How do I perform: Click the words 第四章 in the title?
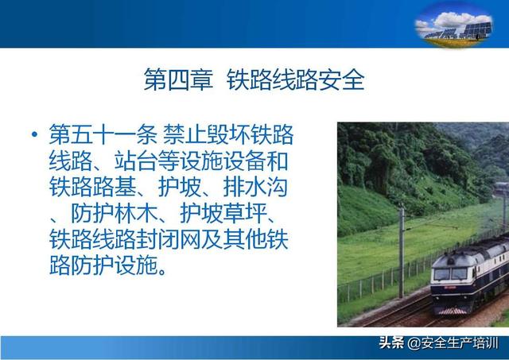pyautogui.click(x=178, y=79)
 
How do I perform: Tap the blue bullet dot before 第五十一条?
pyautogui.click(x=34, y=134)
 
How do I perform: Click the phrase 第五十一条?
pyautogui.click(x=103, y=134)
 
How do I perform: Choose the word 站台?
pyautogui.click(x=136, y=161)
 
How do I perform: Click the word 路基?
pyautogui.click(x=114, y=188)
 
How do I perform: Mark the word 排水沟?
pyautogui.click(x=255, y=188)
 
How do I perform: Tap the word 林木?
pyautogui.click(x=136, y=214)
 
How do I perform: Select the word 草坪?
pyautogui.click(x=244, y=214)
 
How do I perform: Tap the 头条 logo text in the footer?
pyautogui.click(x=392, y=343)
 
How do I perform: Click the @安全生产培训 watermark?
pyautogui.click(x=453, y=343)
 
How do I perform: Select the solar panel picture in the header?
pyautogui.click(x=454, y=25)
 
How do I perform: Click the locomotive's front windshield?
pyautogui.click(x=451, y=274)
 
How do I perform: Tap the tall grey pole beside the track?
pyautogui.click(x=402, y=253)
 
